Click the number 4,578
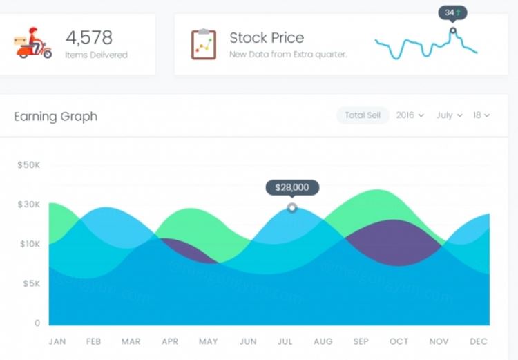click(89, 37)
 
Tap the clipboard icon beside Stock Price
click(204, 44)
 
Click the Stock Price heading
click(267, 37)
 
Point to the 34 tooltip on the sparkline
click(452, 13)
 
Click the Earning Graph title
click(56, 116)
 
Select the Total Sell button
click(363, 115)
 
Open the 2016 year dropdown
click(410, 115)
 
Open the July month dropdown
click(449, 115)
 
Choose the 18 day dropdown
click(481, 115)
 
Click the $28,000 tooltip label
click(292, 187)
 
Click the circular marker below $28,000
click(292, 207)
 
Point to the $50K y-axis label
click(29, 164)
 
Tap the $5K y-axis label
click(31, 283)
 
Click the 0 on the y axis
click(37, 323)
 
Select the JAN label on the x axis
click(57, 341)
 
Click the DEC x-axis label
click(479, 341)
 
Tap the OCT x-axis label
click(399, 341)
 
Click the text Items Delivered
click(97, 55)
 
